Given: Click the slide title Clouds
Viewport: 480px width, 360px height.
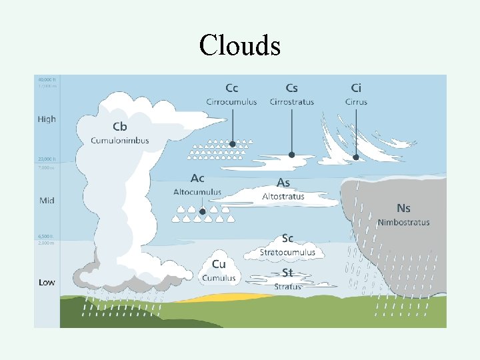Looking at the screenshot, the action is click(239, 45).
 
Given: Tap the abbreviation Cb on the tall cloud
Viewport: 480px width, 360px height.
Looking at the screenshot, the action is click(119, 127).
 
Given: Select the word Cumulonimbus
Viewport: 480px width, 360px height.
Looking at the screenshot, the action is click(120, 141).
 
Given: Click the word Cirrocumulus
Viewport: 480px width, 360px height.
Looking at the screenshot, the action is click(231, 102).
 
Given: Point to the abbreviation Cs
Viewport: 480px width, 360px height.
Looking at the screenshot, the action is click(291, 88).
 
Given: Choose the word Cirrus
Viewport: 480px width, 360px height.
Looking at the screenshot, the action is click(356, 102).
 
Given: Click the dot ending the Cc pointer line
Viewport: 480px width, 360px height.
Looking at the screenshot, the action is click(232, 144).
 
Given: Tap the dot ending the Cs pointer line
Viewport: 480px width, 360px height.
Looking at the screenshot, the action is click(291, 155).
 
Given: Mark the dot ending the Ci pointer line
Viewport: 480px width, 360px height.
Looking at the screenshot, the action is click(356, 157).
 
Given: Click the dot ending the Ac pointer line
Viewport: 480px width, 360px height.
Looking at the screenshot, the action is click(201, 213).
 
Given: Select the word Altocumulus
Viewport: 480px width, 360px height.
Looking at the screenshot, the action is click(197, 192).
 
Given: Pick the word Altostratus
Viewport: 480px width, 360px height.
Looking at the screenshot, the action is click(283, 197).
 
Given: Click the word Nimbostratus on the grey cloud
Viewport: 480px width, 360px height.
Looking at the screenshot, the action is click(403, 222).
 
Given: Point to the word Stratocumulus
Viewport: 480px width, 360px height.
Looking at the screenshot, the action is click(287, 253).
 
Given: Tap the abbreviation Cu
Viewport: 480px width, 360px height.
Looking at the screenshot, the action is click(219, 265).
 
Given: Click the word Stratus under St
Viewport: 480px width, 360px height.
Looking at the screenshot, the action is click(287, 287).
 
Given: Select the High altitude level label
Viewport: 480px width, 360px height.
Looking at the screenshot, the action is click(47, 119).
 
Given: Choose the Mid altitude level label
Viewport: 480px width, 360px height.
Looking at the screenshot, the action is click(47, 200).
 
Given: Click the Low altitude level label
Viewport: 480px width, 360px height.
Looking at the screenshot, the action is click(47, 283).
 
